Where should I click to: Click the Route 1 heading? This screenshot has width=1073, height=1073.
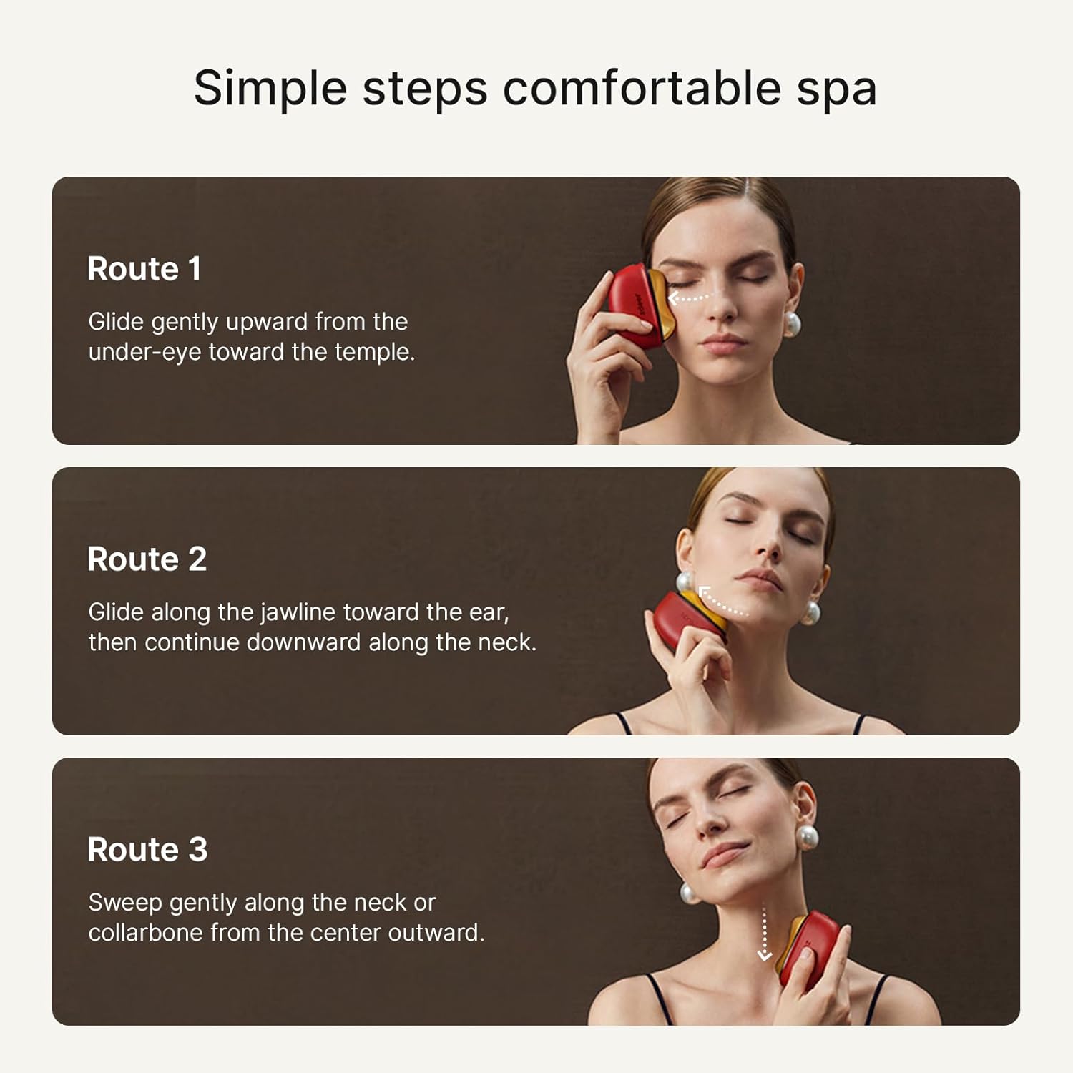point(144,269)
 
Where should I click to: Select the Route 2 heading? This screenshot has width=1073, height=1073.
point(147,559)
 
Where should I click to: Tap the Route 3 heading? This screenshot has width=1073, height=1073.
point(147,850)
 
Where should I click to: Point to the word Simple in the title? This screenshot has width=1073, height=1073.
point(270,89)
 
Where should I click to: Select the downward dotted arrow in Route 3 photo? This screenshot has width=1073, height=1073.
point(764,934)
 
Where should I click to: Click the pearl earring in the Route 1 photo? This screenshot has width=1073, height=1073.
point(793,324)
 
